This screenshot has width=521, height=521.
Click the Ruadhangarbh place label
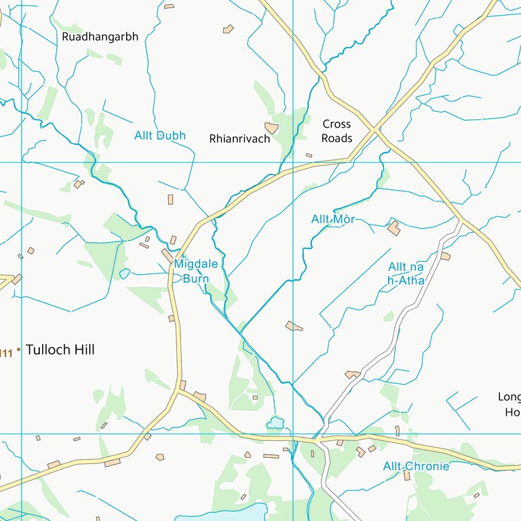[100, 37]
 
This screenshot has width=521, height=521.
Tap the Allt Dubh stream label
[159, 135]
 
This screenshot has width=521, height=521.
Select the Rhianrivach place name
[239, 138]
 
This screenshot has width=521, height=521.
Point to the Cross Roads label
[336, 131]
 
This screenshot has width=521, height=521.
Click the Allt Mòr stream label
[333, 219]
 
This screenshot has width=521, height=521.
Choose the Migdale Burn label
[195, 271]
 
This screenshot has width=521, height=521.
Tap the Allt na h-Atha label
[406, 274]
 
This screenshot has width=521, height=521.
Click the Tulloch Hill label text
[60, 350]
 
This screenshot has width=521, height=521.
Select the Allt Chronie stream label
[416, 466]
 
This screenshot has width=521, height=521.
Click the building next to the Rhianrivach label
[271, 128]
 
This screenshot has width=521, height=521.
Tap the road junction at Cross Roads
[375, 129]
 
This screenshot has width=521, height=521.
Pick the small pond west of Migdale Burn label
[124, 274]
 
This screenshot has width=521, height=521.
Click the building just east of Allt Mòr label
[393, 228]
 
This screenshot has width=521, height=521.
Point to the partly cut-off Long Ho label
[510, 404]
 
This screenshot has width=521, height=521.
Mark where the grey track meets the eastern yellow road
[461, 220]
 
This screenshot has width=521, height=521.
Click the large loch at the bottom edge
[217, 514]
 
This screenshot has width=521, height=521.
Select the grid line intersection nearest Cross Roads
[293, 162]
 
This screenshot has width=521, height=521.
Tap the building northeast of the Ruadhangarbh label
[229, 29]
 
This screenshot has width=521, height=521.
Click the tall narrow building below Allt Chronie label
[407, 476]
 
